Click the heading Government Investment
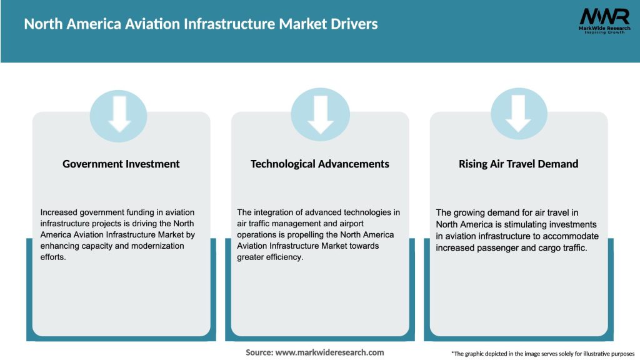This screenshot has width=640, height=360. (x=121, y=164)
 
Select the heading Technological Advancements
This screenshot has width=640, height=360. (x=319, y=164)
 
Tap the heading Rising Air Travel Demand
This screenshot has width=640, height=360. (x=518, y=164)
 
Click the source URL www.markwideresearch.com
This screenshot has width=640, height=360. (x=329, y=352)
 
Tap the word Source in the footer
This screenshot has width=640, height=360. (x=259, y=352)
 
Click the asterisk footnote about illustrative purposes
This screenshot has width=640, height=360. (x=542, y=354)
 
